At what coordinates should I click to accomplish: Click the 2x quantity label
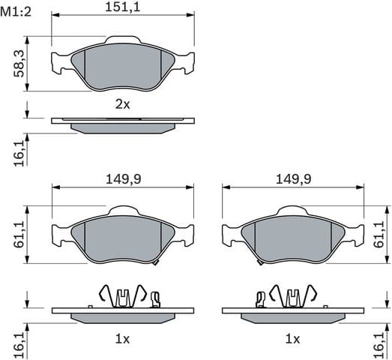point(122,105)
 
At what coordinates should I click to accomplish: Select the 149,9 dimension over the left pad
point(121,179)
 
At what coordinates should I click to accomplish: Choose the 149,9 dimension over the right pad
point(293,179)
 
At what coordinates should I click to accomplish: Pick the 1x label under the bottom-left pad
point(122,339)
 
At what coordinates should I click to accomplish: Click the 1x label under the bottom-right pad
point(292,339)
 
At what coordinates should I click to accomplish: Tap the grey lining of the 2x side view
point(122,128)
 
